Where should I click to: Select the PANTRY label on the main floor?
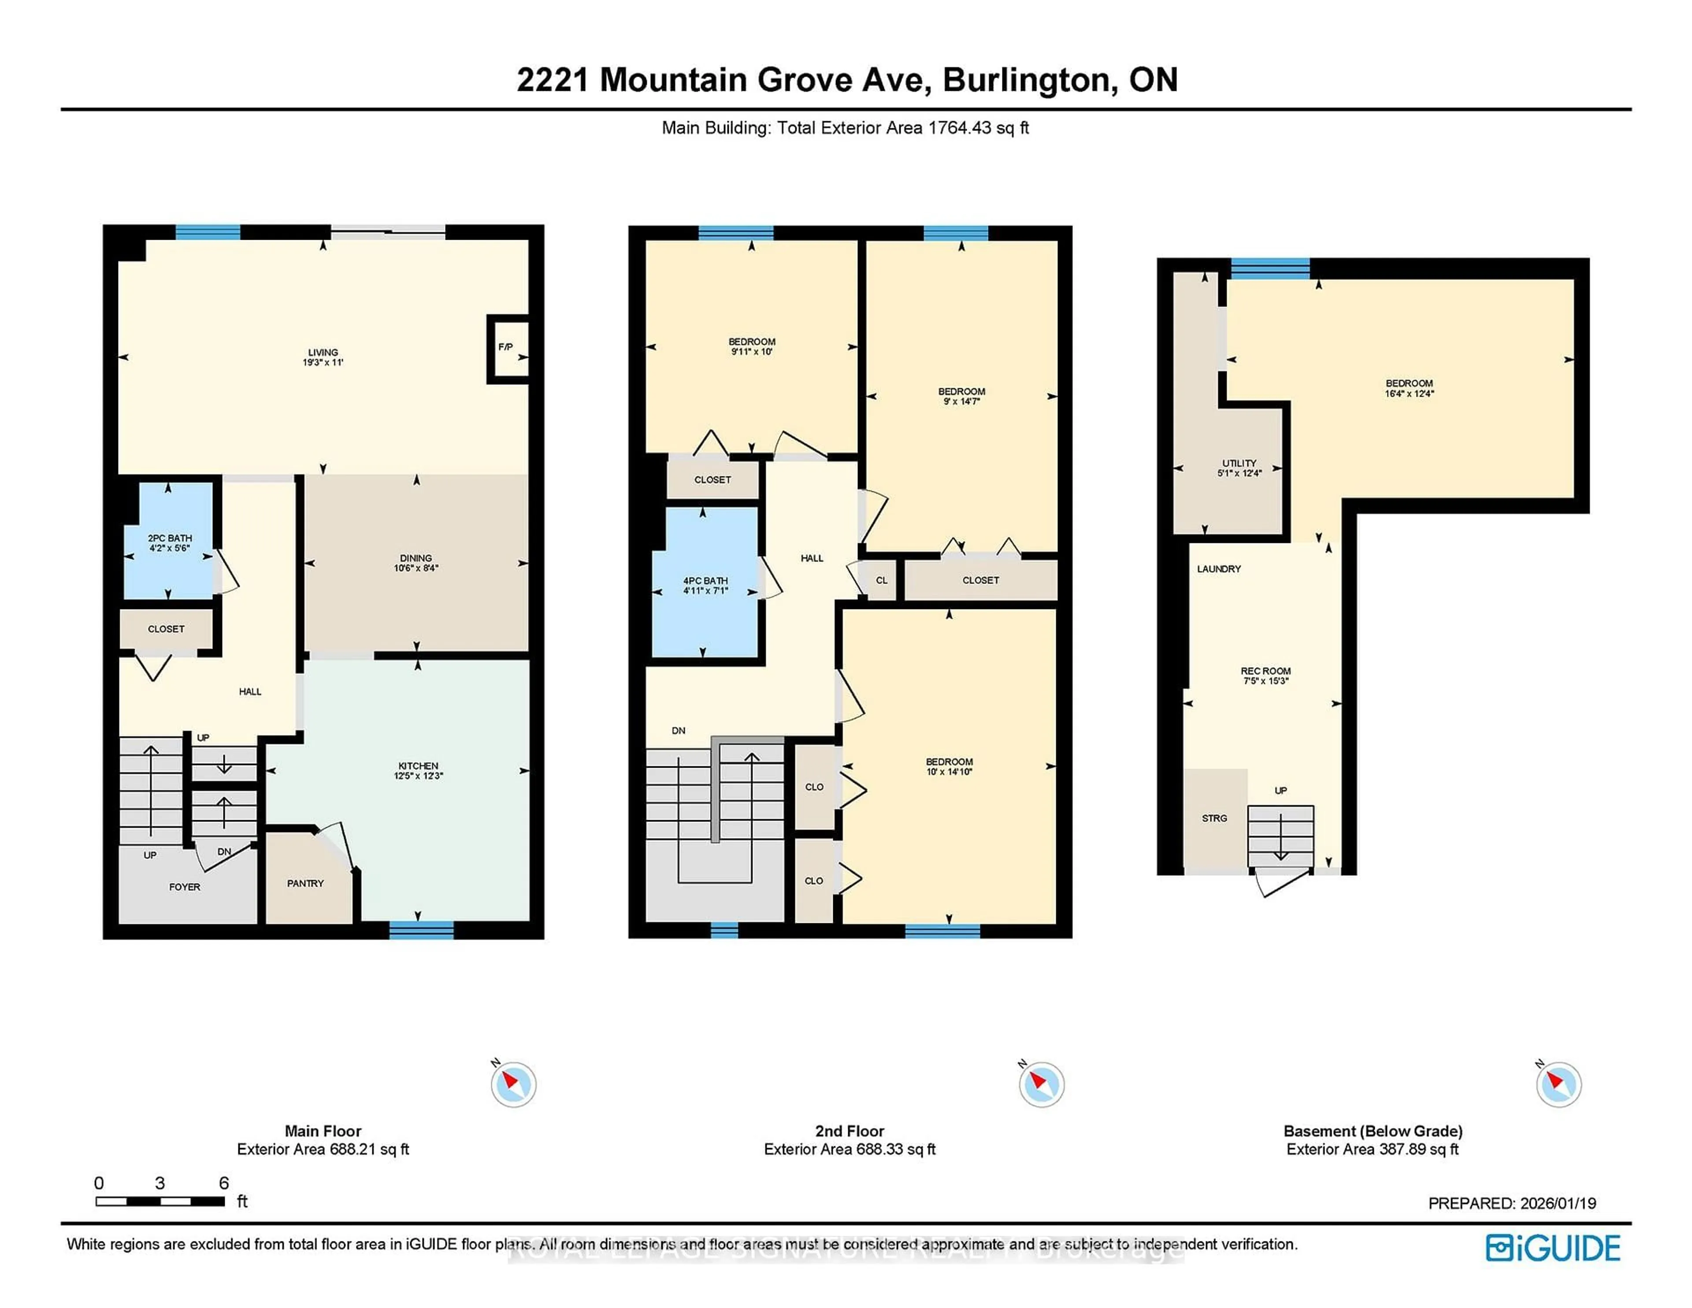pyautogui.click(x=305, y=883)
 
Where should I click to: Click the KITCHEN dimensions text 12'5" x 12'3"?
pyautogui.click(x=418, y=776)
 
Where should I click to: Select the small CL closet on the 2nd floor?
pyautogui.click(x=881, y=580)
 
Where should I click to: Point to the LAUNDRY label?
pyautogui.click(x=1219, y=569)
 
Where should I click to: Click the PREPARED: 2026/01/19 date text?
pyautogui.click(x=1511, y=1204)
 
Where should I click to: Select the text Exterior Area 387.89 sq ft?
pyautogui.click(x=1372, y=1149)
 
